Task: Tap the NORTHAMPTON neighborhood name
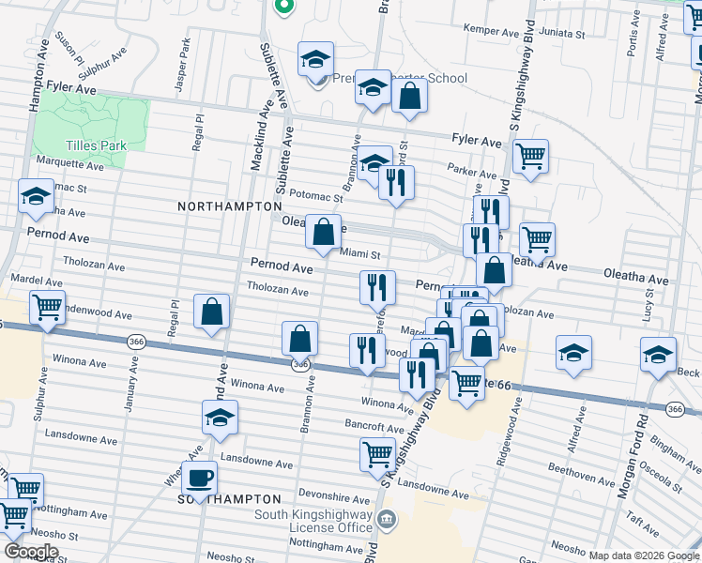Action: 230,205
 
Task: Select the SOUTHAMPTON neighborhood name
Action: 230,499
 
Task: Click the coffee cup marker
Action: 199,478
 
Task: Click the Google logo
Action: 31,552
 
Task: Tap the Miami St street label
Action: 359,253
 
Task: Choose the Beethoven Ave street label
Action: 582,479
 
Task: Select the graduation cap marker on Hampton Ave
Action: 36,196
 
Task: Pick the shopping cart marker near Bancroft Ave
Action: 378,453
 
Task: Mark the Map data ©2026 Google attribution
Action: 643,555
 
